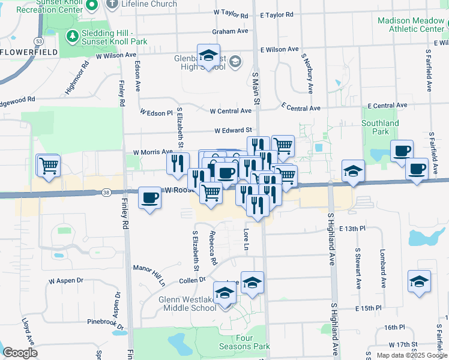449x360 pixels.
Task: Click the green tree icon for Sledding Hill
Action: pyautogui.click(x=73, y=36)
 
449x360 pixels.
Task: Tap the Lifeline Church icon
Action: pyautogui.click(x=112, y=4)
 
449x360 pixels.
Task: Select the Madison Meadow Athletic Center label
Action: pyautogui.click(x=411, y=25)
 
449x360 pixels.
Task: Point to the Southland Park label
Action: pyautogui.click(x=381, y=127)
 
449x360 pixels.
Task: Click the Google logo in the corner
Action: pyautogui.click(x=20, y=353)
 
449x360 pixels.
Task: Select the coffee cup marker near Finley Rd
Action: pyautogui.click(x=149, y=198)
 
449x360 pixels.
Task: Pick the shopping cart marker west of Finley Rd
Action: pyautogui.click(x=49, y=165)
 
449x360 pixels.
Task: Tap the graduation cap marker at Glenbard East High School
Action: pyautogui.click(x=208, y=56)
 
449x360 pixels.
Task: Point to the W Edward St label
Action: pyautogui.click(x=234, y=130)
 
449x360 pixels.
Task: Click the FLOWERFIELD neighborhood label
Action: pyautogui.click(x=29, y=52)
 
